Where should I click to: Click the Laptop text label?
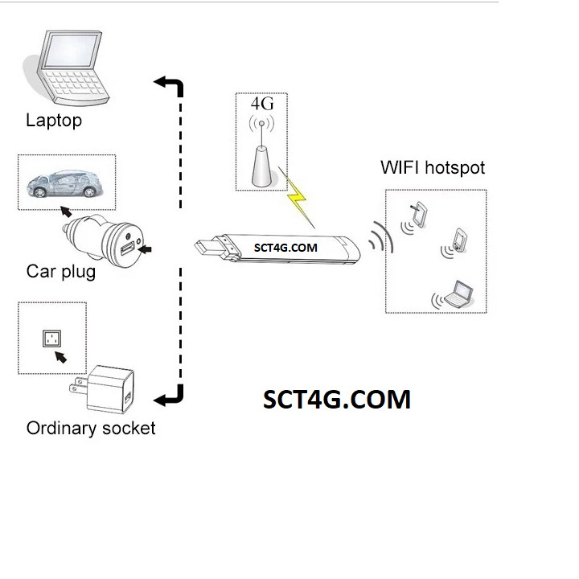pos(54,121)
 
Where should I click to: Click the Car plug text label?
pos(61,271)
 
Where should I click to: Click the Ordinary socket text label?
pos(91,428)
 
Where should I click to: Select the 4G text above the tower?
pos(262,105)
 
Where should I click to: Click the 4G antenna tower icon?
pos(261,158)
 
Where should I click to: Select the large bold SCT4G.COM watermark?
pos(337,399)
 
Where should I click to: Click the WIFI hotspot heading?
pos(433,168)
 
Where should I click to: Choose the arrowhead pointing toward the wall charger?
pos(161,397)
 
